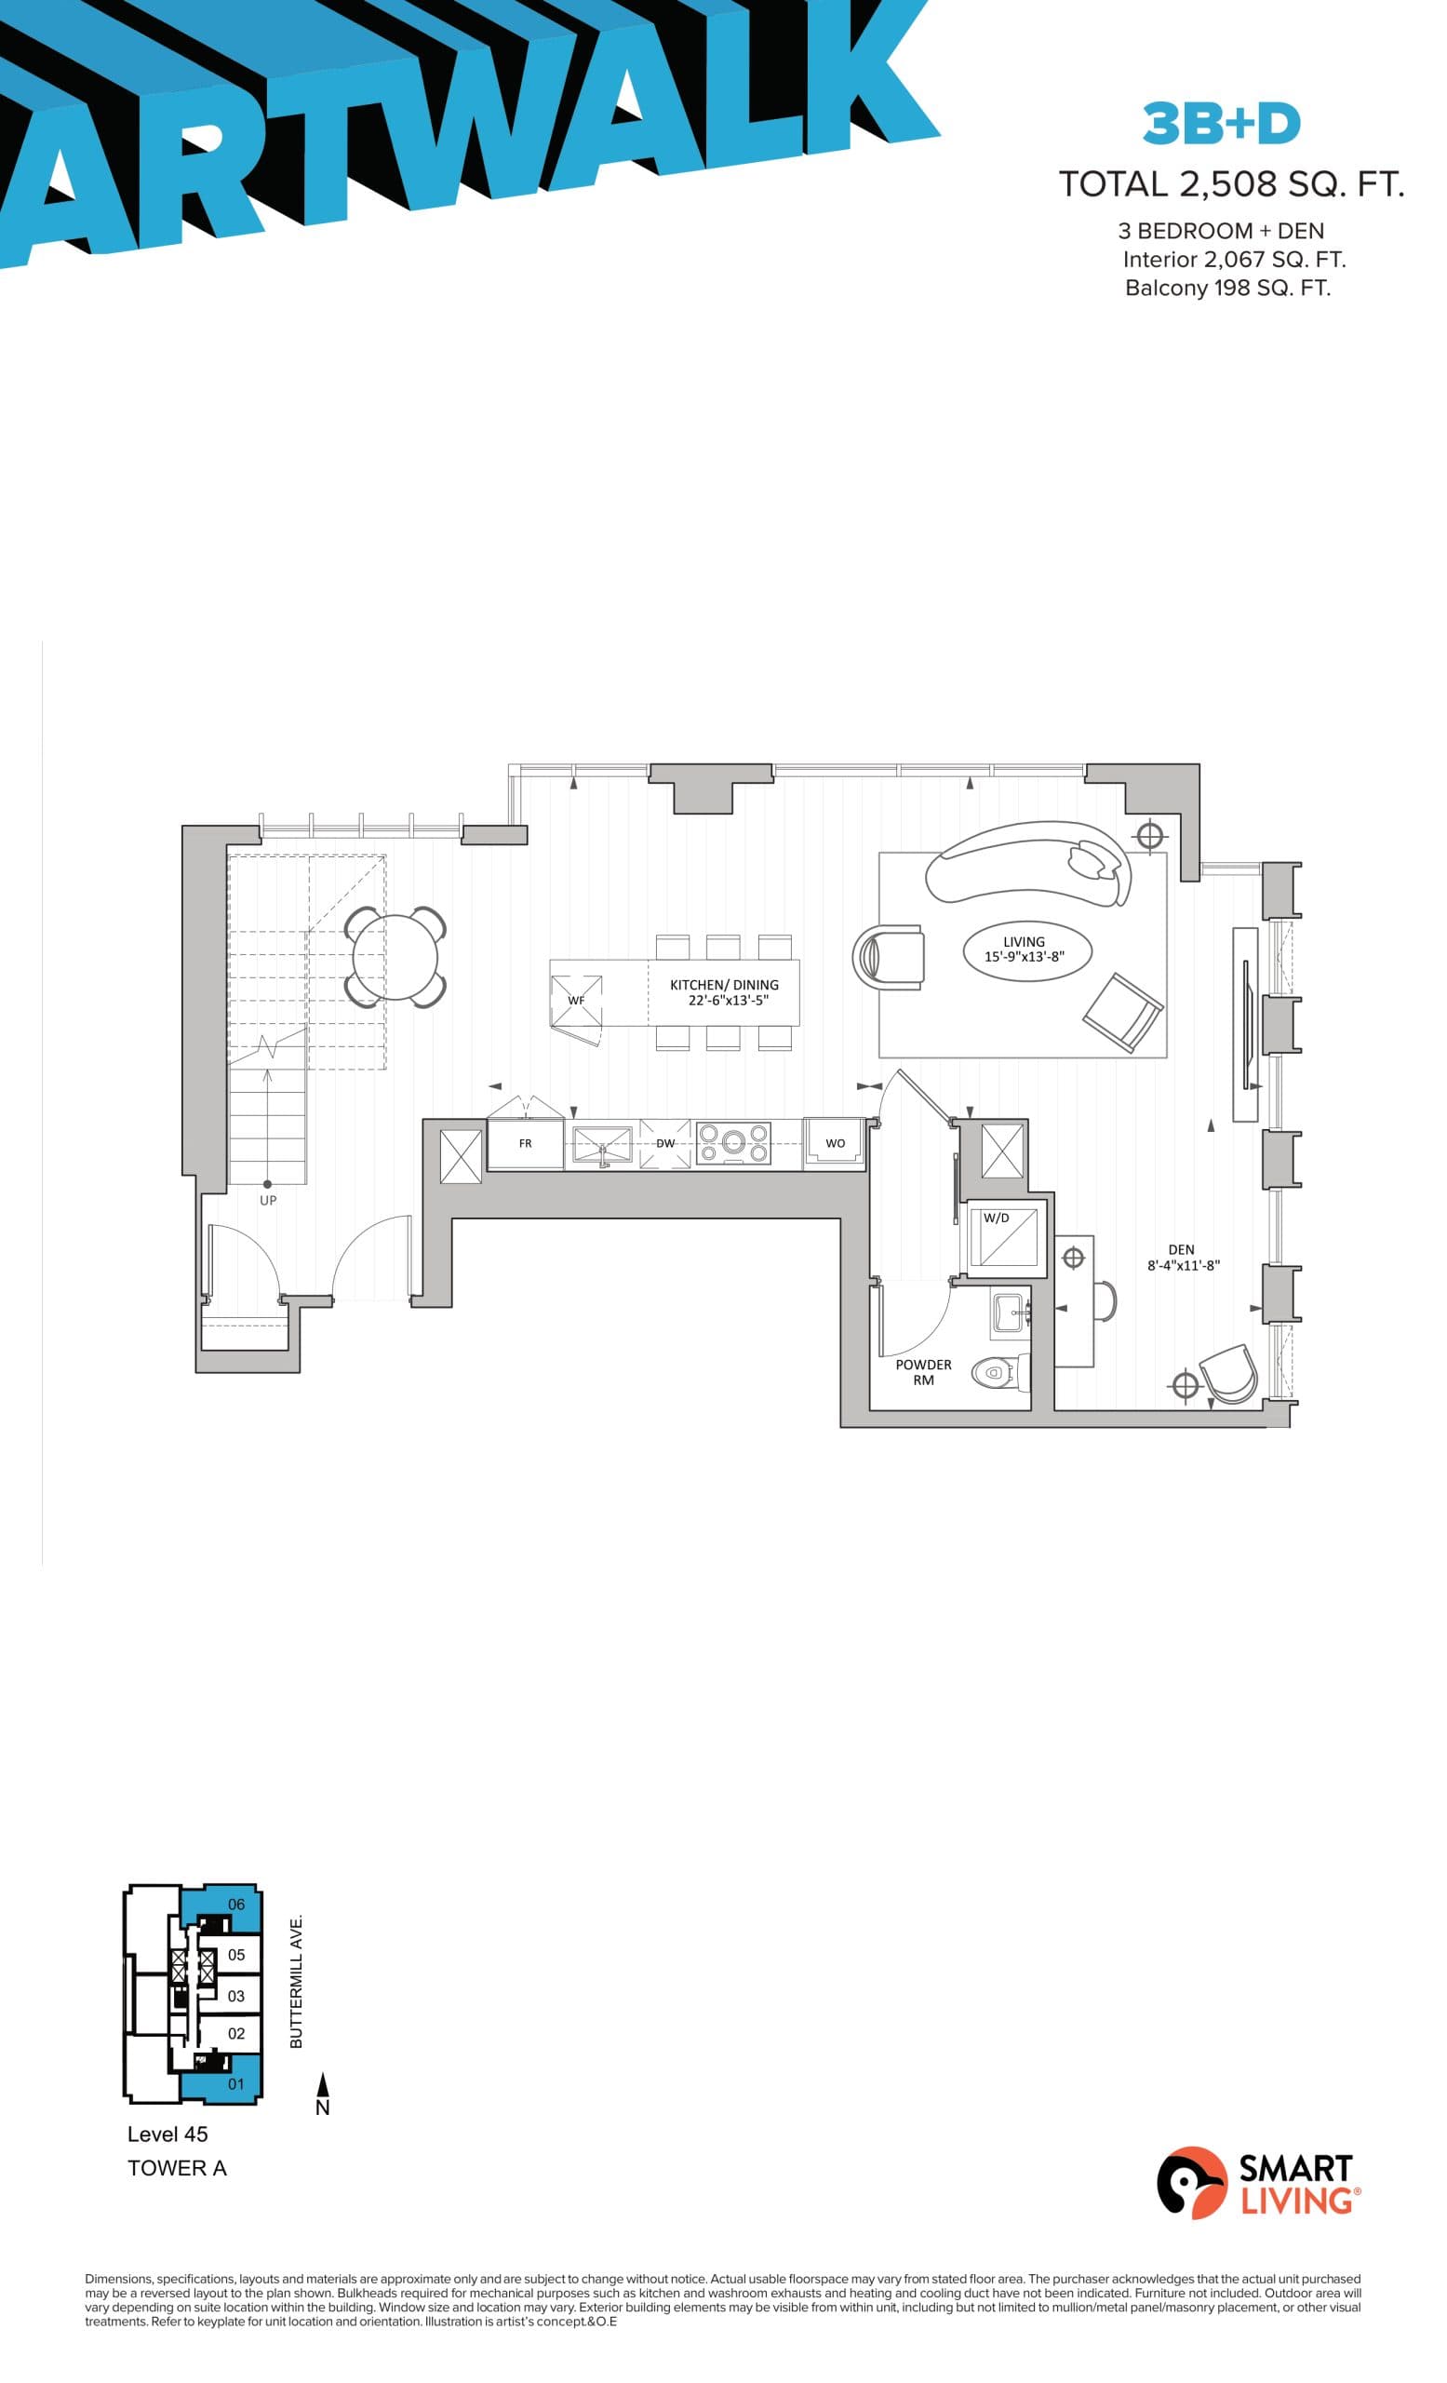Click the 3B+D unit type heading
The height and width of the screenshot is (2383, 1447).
pyautogui.click(x=1221, y=123)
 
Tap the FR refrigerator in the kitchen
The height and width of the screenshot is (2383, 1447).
pyautogui.click(x=525, y=1144)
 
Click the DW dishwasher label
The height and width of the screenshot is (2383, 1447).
pyautogui.click(x=665, y=1143)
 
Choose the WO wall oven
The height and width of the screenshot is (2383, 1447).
pyautogui.click(x=834, y=1143)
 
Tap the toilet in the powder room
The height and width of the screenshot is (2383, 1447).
pyautogui.click(x=995, y=1372)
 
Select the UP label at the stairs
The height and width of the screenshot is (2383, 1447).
pyautogui.click(x=268, y=1200)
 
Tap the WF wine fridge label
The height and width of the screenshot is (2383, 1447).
pyautogui.click(x=576, y=1000)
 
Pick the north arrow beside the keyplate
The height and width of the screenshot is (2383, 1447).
pyautogui.click(x=323, y=2093)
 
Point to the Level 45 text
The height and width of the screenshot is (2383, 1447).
pyautogui.click(x=167, y=2134)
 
